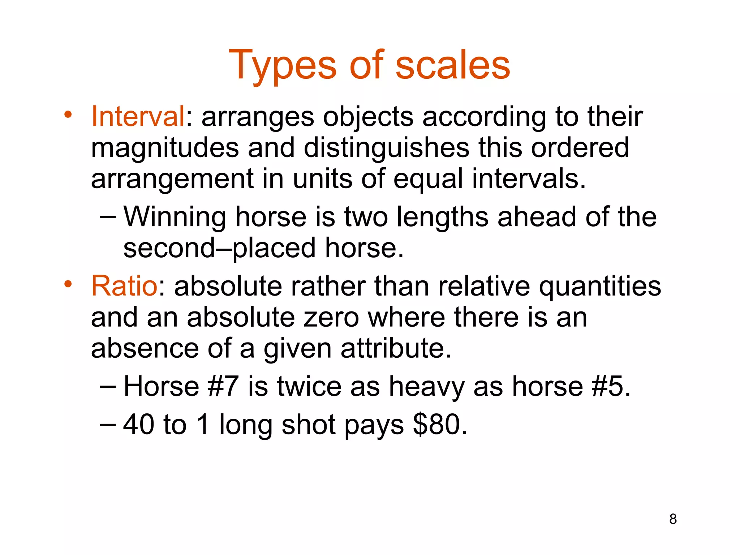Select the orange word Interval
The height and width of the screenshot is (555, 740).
pyautogui.click(x=138, y=116)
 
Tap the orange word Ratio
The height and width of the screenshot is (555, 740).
pyautogui.click(x=124, y=286)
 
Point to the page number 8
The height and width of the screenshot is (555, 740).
pyautogui.click(x=673, y=519)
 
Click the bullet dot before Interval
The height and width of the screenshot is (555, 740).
pyautogui.click(x=68, y=115)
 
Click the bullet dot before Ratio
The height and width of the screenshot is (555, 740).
pyautogui.click(x=68, y=284)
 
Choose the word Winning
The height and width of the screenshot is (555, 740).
pyautogui.click(x=175, y=216)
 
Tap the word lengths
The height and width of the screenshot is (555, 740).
pyautogui.click(x=443, y=217)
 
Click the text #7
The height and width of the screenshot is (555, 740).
pyautogui.click(x=223, y=386)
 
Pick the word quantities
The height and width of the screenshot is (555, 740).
pyautogui.click(x=600, y=287)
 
